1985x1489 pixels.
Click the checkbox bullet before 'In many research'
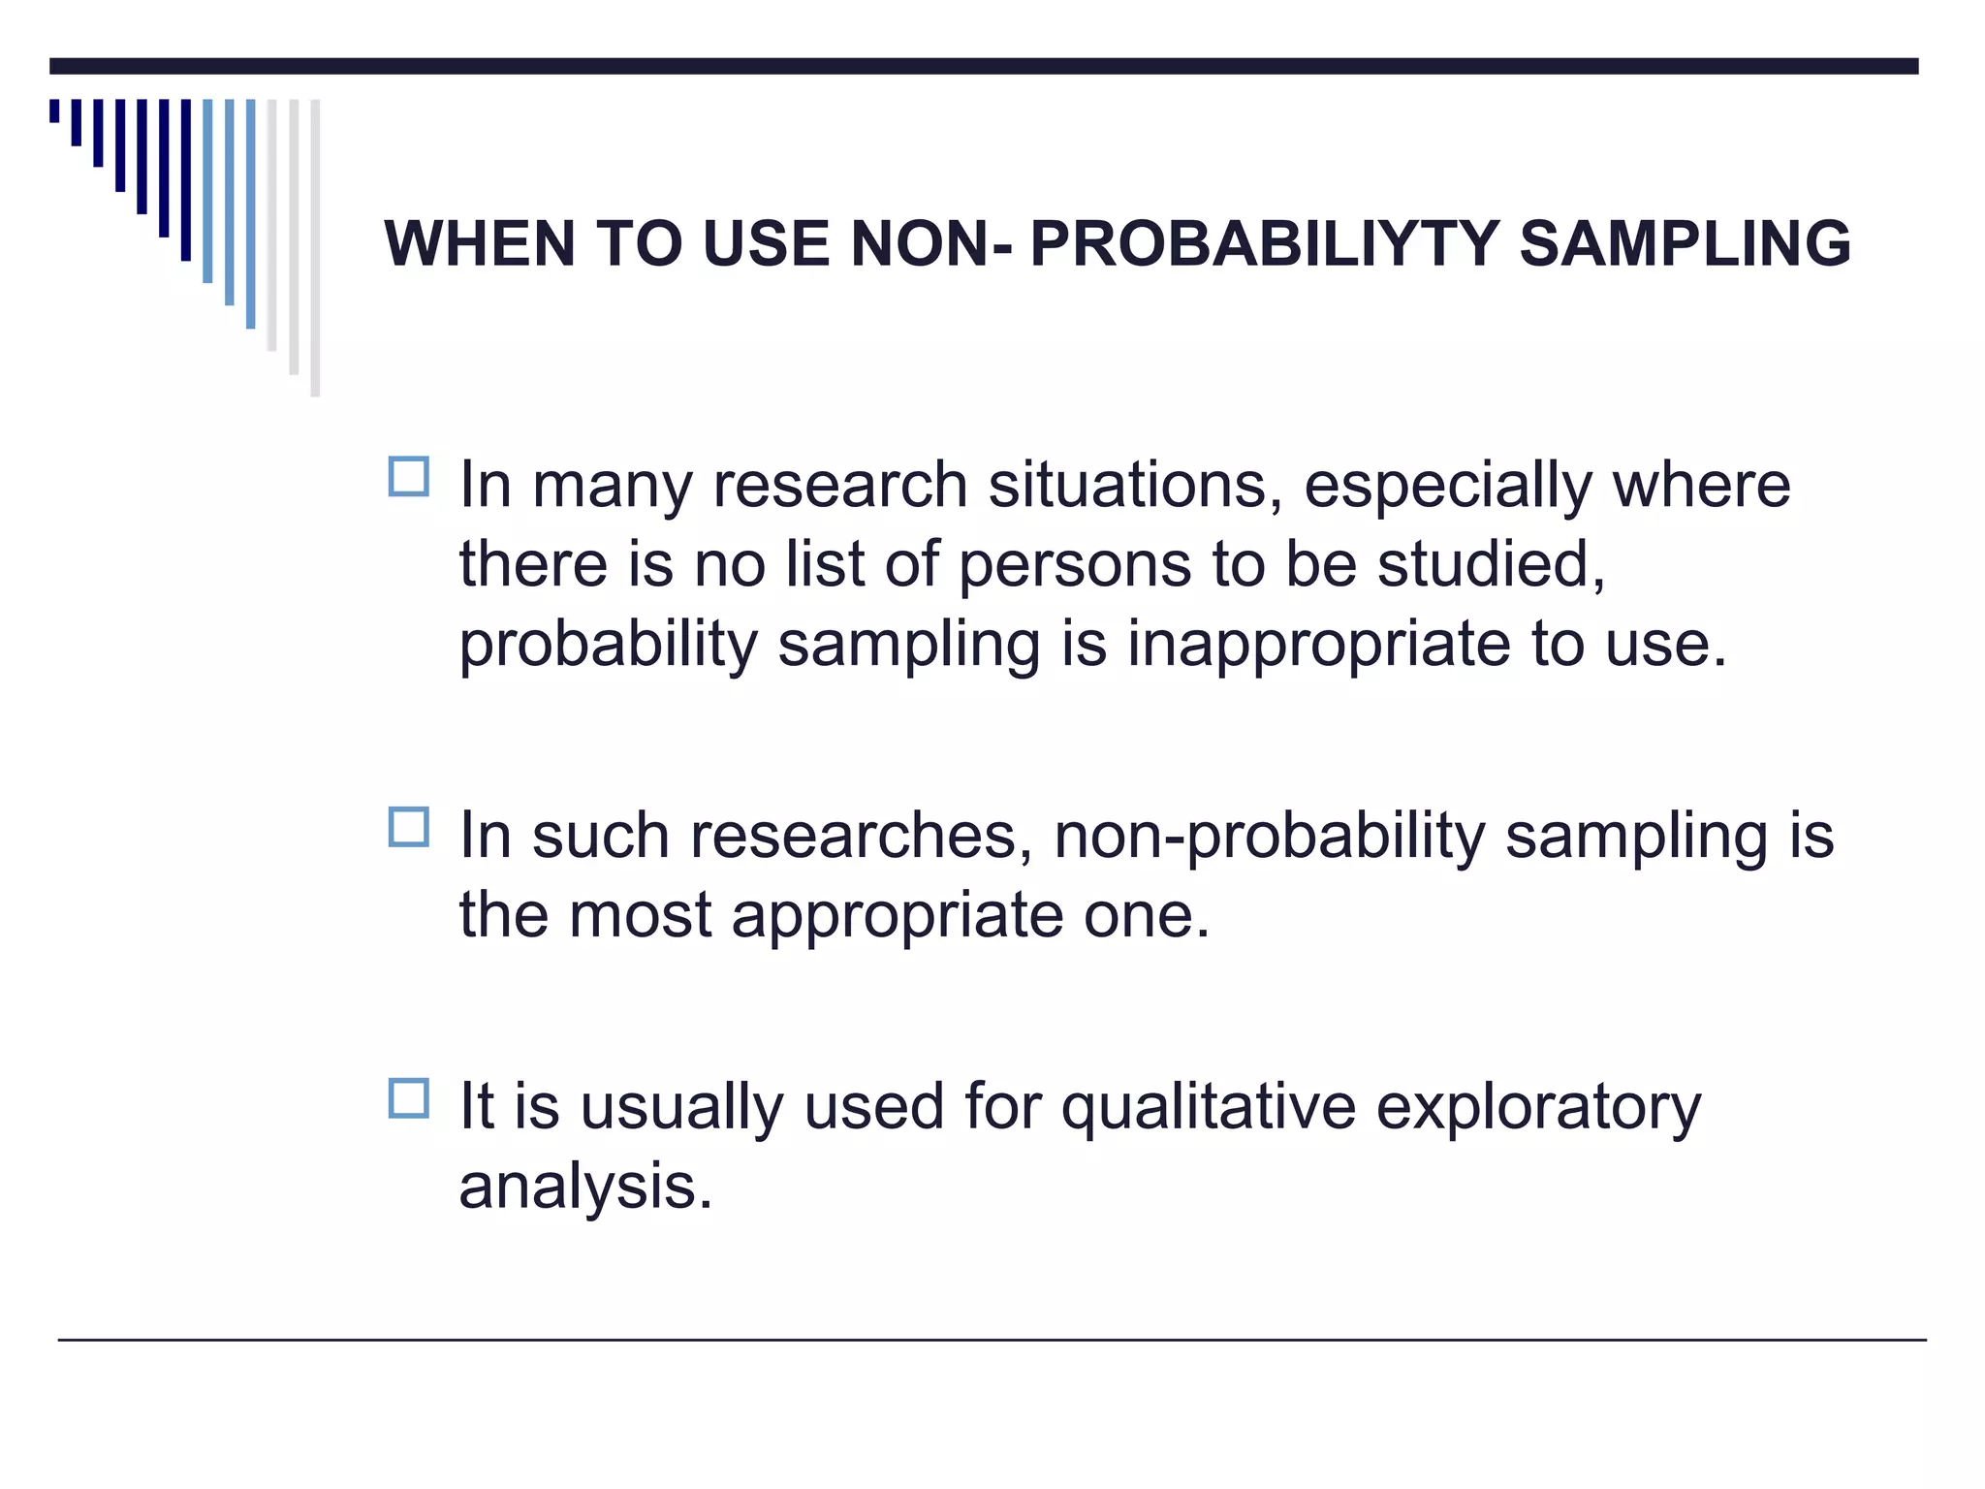coord(408,477)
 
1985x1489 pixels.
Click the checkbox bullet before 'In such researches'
coord(408,828)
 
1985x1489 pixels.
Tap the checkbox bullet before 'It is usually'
coord(408,1098)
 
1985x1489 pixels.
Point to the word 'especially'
coord(1447,487)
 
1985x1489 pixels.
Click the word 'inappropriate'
coord(1318,645)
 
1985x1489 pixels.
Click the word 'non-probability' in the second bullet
coord(1269,837)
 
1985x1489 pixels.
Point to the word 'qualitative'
coord(1208,1107)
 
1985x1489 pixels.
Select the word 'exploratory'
coord(1538,1107)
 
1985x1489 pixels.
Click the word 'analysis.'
coord(585,1186)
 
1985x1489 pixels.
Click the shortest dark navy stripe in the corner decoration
coord(54,111)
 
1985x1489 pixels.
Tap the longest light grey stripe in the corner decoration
coord(315,247)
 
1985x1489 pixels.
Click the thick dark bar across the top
coord(983,66)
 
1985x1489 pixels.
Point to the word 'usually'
coord(681,1107)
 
